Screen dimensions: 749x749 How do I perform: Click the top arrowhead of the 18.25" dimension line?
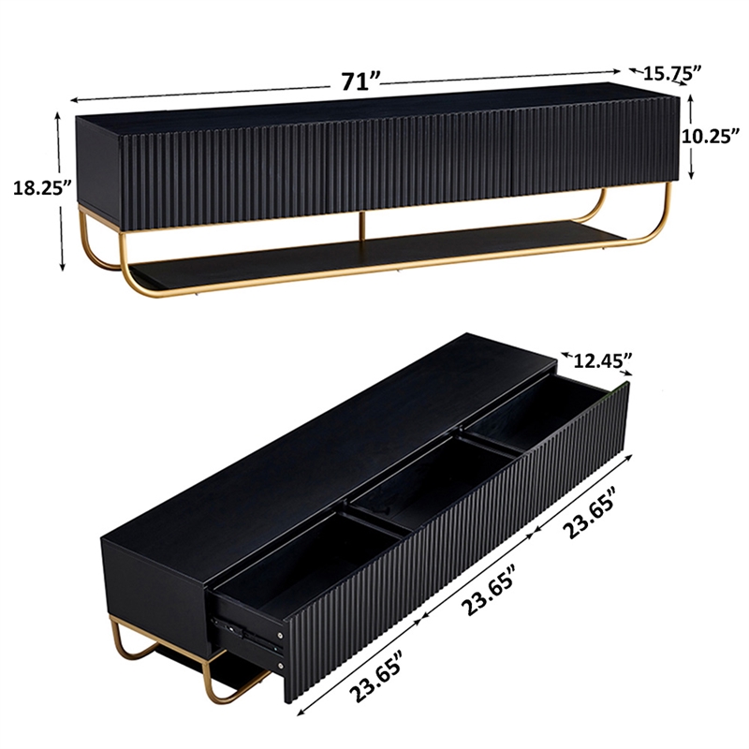click(59, 117)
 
